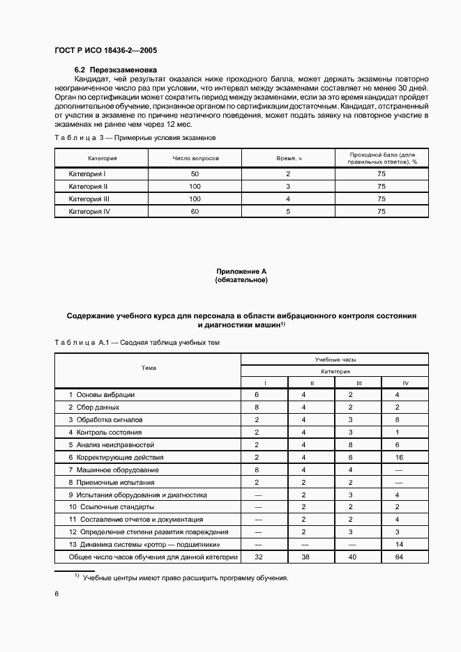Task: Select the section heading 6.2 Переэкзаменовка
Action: [x=116, y=70]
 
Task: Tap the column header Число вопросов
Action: [x=195, y=158]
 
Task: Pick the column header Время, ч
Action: [x=287, y=158]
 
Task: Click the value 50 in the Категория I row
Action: [x=195, y=173]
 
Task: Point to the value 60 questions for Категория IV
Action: [x=195, y=211]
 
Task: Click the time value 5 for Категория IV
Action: [x=287, y=211]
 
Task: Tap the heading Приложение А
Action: [x=241, y=272]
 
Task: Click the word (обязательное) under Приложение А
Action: [x=241, y=280]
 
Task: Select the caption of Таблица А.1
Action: [x=137, y=343]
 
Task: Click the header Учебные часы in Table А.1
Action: [x=335, y=360]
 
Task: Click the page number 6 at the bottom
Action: [x=56, y=593]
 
